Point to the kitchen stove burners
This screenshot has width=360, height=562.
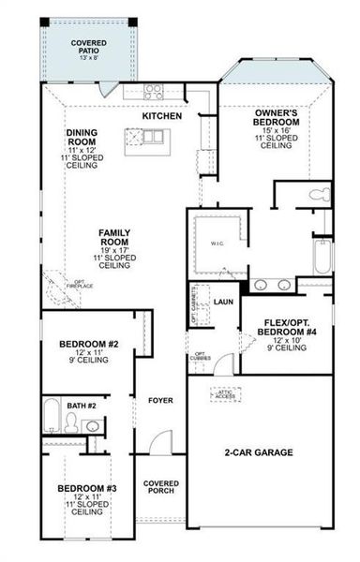click(153, 92)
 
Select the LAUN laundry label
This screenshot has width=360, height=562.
click(222, 302)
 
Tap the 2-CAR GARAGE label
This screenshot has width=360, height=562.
click(260, 452)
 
